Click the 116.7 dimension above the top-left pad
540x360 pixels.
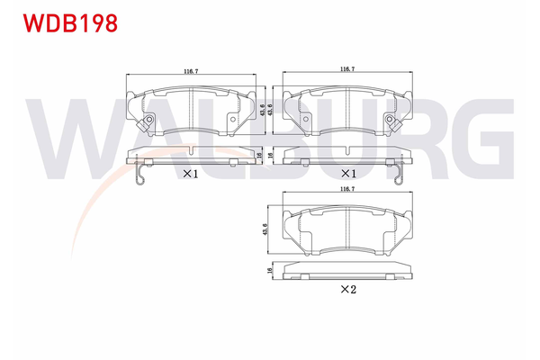[189, 69]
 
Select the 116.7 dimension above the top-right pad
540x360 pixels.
[346, 69]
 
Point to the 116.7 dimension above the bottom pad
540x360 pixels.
[346, 191]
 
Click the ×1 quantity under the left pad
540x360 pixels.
[190, 174]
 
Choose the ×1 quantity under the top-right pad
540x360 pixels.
[345, 174]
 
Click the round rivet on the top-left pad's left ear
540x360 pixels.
[146, 118]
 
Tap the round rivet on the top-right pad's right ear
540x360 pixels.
[389, 118]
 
